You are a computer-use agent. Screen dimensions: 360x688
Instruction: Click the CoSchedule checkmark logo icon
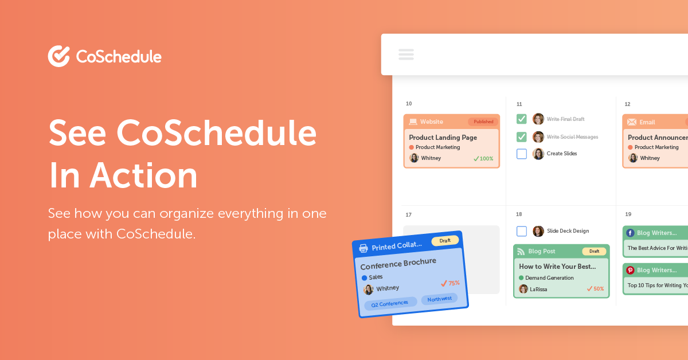click(58, 56)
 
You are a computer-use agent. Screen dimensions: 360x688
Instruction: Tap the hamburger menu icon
click(406, 54)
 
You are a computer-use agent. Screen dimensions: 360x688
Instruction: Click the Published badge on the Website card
click(483, 122)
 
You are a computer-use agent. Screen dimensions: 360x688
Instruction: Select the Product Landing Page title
click(443, 138)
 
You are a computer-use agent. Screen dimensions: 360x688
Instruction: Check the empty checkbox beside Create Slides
click(522, 154)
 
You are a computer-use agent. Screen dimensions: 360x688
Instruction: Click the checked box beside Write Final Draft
click(522, 119)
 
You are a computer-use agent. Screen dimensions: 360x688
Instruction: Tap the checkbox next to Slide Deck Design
click(522, 231)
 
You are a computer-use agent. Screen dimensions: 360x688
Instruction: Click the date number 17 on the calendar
click(409, 215)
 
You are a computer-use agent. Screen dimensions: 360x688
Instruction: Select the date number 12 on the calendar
click(627, 104)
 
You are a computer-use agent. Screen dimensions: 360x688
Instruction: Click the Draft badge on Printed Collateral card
click(445, 241)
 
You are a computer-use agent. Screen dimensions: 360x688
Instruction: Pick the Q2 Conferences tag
click(390, 303)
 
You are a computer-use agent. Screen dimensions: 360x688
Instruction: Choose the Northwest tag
click(439, 299)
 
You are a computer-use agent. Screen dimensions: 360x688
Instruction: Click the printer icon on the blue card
click(363, 248)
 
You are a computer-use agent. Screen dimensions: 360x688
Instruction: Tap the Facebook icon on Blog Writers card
click(630, 233)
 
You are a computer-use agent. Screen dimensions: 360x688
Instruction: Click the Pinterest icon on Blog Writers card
click(630, 270)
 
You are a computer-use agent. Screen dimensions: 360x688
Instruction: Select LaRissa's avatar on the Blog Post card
click(523, 289)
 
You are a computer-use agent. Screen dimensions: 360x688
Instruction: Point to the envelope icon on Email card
click(632, 122)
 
